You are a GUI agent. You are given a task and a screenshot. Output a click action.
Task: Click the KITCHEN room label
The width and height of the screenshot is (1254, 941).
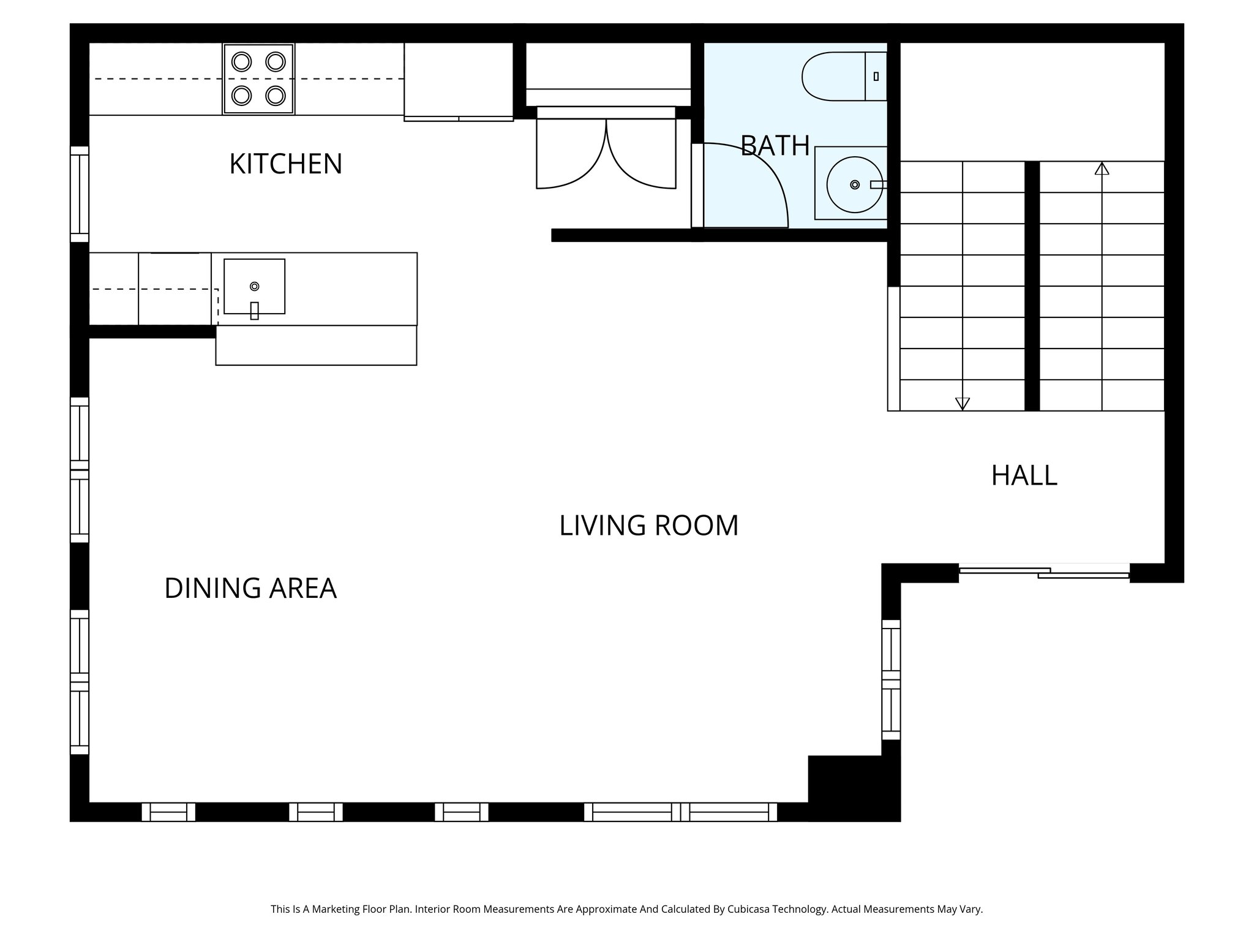(285, 164)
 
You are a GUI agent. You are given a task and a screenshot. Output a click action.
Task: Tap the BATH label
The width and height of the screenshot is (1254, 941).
(775, 146)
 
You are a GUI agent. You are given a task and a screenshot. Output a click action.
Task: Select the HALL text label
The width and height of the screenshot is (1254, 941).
(1024, 476)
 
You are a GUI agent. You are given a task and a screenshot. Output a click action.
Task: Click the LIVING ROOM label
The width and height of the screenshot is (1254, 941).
(648, 526)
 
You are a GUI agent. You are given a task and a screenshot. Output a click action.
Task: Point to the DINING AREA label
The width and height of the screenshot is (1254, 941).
(250, 588)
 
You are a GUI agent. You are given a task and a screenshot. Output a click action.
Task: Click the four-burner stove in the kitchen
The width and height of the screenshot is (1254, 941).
(258, 79)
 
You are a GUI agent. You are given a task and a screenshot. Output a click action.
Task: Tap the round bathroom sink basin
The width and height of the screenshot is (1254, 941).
(854, 184)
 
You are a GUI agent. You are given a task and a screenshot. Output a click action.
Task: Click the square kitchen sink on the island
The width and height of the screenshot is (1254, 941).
(254, 287)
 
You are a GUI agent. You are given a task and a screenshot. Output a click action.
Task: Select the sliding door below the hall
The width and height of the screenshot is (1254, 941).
(1044, 572)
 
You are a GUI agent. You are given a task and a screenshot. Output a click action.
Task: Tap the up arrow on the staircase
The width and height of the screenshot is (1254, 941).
(1102, 168)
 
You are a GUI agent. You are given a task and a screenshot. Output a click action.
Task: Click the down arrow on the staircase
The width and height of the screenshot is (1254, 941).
(963, 403)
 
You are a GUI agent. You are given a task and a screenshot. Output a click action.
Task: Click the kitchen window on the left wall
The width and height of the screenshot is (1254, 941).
(80, 194)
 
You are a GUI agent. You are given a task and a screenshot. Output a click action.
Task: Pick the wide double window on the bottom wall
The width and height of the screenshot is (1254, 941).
(680, 812)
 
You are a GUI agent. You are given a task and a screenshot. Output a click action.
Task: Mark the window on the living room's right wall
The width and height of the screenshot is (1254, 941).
(891, 679)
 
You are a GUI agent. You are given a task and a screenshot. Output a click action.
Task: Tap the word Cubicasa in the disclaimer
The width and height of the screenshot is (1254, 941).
(750, 909)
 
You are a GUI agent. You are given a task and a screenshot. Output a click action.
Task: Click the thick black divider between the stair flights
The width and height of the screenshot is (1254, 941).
(1032, 286)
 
